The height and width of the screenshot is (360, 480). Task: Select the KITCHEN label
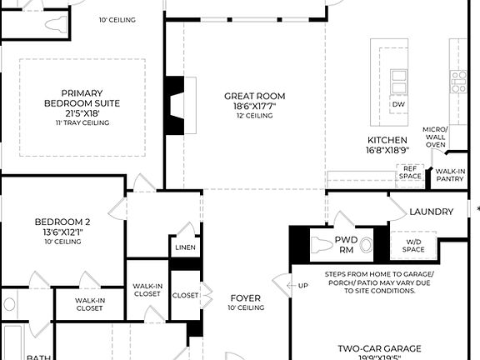(x=387, y=140)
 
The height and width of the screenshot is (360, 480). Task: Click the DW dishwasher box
(x=398, y=104)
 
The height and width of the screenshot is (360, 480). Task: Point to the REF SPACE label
(x=410, y=172)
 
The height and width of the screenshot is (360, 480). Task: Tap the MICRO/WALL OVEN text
(x=436, y=137)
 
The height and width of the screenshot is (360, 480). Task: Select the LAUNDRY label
(x=431, y=212)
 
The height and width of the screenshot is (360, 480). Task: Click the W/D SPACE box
(x=413, y=246)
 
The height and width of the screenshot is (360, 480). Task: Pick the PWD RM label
(x=346, y=244)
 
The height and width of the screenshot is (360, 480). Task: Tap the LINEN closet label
(x=185, y=248)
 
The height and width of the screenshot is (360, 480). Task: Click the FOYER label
(x=245, y=297)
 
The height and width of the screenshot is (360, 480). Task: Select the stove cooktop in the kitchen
(x=458, y=81)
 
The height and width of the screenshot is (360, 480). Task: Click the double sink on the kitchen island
(x=398, y=82)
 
